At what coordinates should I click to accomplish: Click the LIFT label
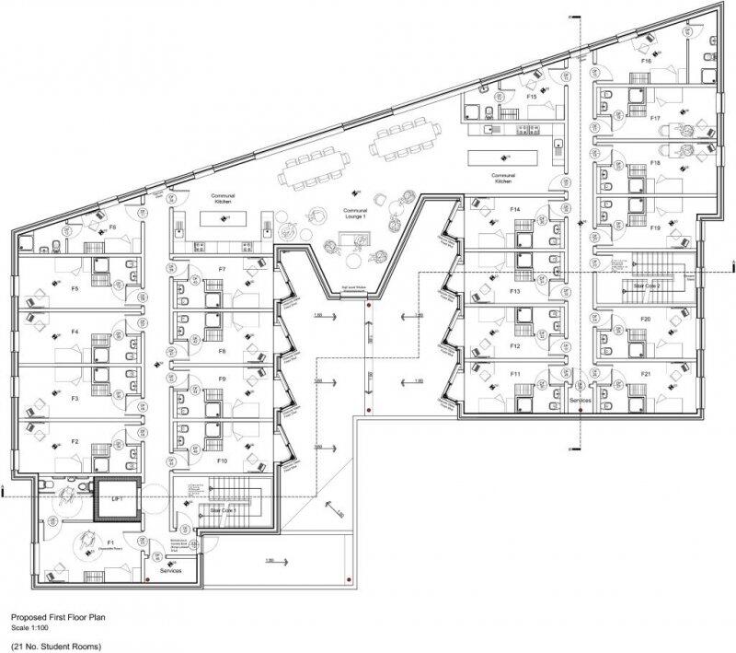coord(116,498)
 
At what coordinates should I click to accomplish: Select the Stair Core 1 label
coord(223,508)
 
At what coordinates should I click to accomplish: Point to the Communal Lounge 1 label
coord(355,213)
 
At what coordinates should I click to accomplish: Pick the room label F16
coord(646,61)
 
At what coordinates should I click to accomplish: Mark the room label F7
coord(222,269)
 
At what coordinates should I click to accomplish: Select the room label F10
coord(222,459)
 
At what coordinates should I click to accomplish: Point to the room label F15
coord(531,97)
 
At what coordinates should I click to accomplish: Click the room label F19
coord(655,227)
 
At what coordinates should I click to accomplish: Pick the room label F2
coord(75,442)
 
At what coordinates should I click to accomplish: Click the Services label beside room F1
coord(173,572)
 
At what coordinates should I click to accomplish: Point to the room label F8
coord(222,351)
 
